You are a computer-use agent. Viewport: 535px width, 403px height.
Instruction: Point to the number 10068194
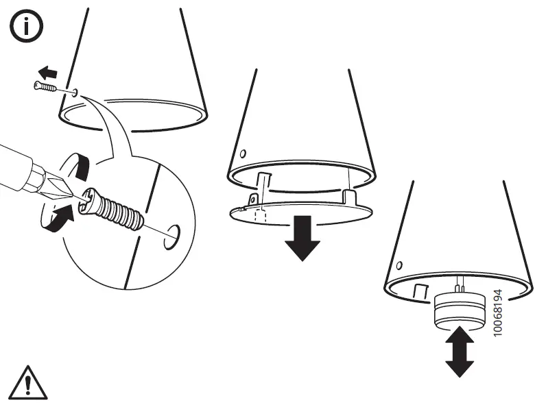click(498, 313)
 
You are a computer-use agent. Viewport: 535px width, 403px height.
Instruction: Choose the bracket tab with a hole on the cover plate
click(253, 199)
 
